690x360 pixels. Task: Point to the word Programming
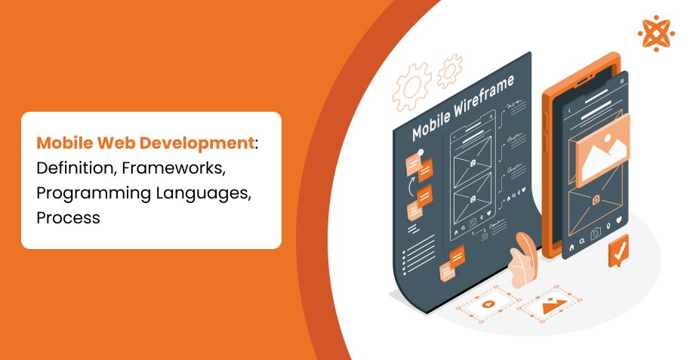click(x=85, y=192)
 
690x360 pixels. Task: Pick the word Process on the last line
click(x=68, y=217)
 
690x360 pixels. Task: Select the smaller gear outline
click(x=451, y=69)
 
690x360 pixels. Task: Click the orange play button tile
click(x=488, y=306)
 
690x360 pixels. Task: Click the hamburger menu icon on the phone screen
click(x=622, y=82)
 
